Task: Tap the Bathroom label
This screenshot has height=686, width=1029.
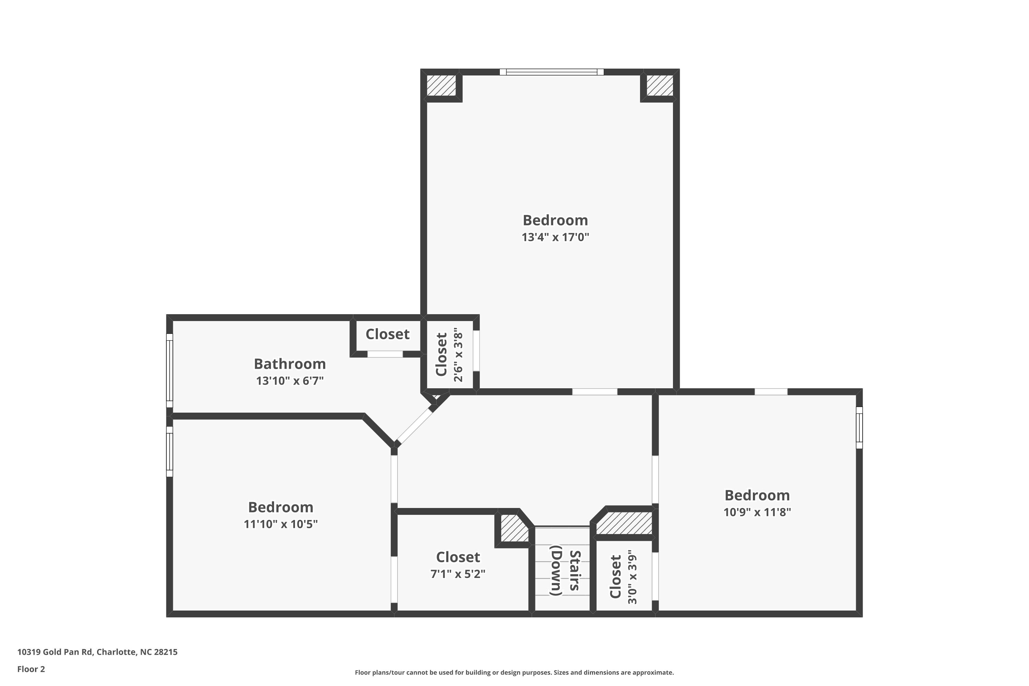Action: point(289,364)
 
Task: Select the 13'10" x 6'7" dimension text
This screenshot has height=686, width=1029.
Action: point(289,381)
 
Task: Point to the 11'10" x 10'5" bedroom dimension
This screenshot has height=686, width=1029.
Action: point(281,524)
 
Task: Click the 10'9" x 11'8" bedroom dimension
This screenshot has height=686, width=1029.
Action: point(757,512)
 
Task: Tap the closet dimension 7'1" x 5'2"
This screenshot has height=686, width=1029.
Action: point(458,573)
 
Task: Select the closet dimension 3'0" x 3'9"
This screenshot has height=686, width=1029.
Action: point(632,580)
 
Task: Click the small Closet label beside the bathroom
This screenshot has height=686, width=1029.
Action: point(387,334)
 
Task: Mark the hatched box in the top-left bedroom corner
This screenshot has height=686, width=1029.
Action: point(441,86)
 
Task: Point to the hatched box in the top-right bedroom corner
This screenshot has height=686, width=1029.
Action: point(660,86)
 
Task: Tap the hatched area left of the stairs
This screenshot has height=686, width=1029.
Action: point(513,528)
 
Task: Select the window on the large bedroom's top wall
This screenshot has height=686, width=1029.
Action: point(551,72)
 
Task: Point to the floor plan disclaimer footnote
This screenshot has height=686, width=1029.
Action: point(514,672)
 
